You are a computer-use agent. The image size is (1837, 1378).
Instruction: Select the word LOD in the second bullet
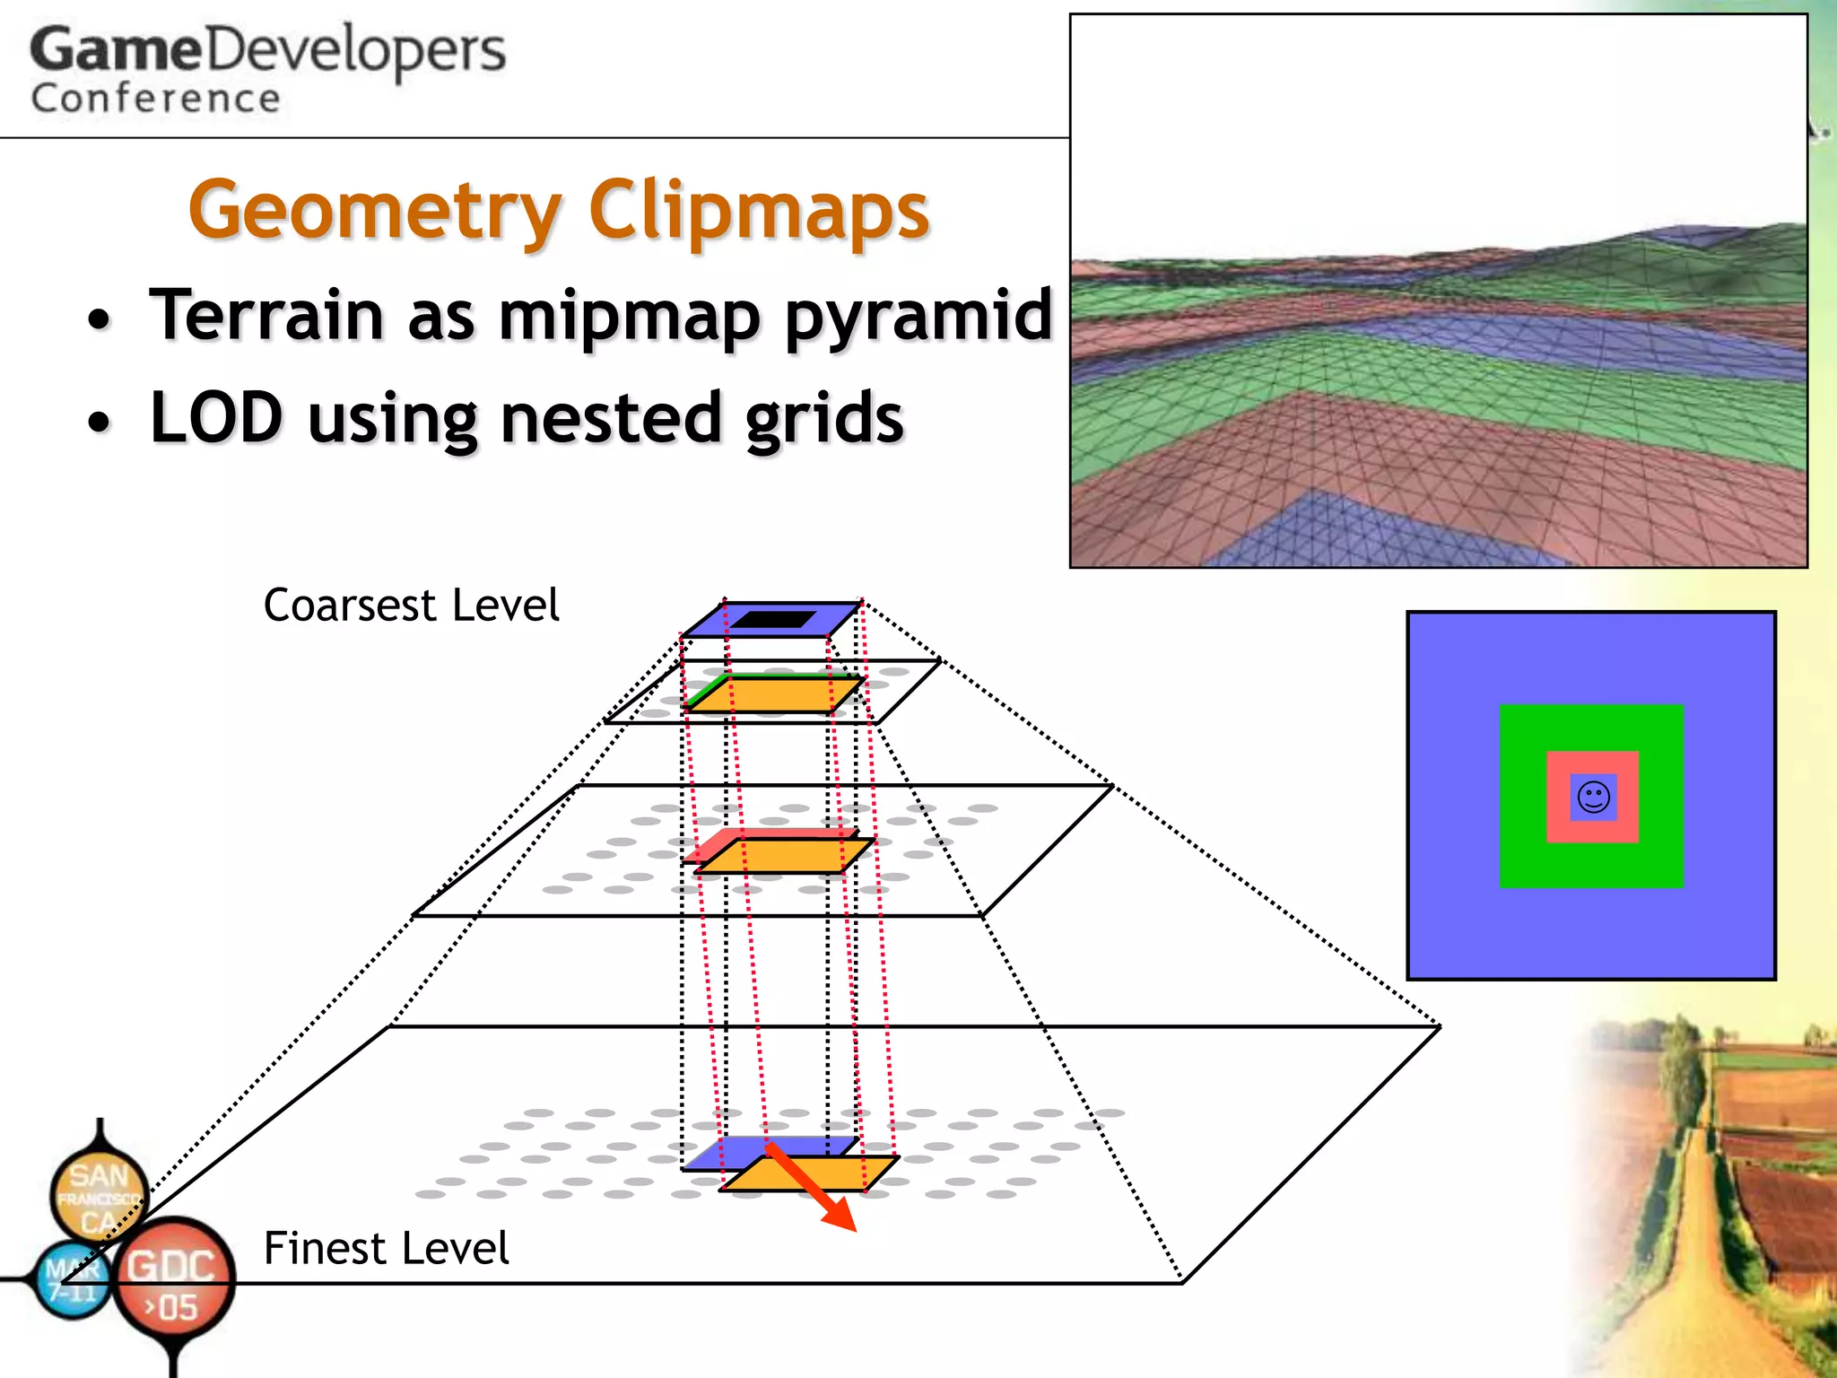pos(216,418)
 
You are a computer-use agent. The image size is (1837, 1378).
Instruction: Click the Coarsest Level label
pos(411,606)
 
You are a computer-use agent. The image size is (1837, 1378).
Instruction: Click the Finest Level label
pos(386,1248)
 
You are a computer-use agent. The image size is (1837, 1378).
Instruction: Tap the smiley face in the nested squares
pos(1593,797)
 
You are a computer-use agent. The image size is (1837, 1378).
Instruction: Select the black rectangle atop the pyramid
pos(773,619)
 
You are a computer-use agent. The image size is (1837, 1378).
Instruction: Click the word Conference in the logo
pos(155,99)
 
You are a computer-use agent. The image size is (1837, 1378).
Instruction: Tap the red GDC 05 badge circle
pos(175,1278)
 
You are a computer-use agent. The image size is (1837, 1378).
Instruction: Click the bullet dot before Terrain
pos(100,320)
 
